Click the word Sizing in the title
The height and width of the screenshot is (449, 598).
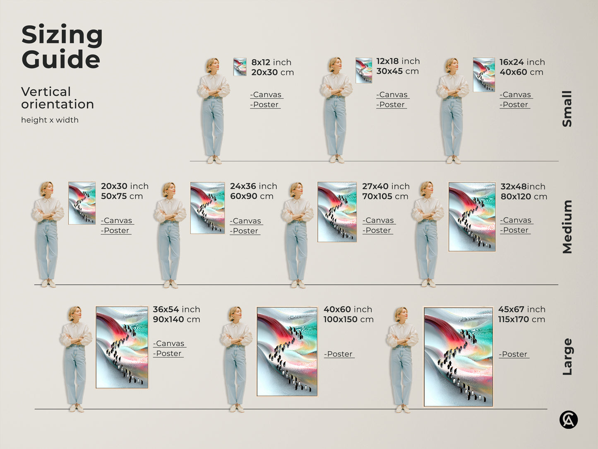pyautogui.click(x=62, y=35)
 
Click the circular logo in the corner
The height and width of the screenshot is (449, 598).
pyautogui.click(x=568, y=420)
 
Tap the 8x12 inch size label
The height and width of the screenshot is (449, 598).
pyautogui.click(x=271, y=62)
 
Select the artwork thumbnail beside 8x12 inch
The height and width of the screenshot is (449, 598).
pyautogui.click(x=240, y=67)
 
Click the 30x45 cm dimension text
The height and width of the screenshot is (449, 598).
pyautogui.click(x=397, y=71)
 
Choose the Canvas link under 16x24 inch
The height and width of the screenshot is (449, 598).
pyautogui.click(x=516, y=95)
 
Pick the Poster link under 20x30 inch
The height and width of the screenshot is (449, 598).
pyautogui.click(x=116, y=231)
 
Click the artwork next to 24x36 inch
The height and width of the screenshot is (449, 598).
pyautogui.click(x=207, y=208)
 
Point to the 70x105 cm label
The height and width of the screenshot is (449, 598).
pyautogui.click(x=385, y=196)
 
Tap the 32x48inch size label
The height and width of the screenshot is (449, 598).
pyautogui.click(x=523, y=186)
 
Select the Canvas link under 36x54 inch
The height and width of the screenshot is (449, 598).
pyautogui.click(x=169, y=344)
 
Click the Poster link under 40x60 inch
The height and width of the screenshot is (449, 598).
pyautogui.click(x=339, y=354)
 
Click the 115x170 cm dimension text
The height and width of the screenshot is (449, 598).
pyautogui.click(x=521, y=319)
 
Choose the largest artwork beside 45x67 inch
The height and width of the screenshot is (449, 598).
pyautogui.click(x=458, y=357)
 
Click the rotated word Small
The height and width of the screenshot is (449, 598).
pyautogui.click(x=567, y=109)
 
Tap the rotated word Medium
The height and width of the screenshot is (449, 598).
pyautogui.click(x=567, y=227)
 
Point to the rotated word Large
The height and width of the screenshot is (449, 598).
pyautogui.click(x=567, y=357)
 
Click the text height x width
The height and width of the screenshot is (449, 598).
pyautogui.click(x=50, y=120)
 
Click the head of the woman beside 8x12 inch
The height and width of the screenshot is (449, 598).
pyautogui.click(x=212, y=65)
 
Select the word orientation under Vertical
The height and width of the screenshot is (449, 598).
pyautogui.click(x=58, y=104)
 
